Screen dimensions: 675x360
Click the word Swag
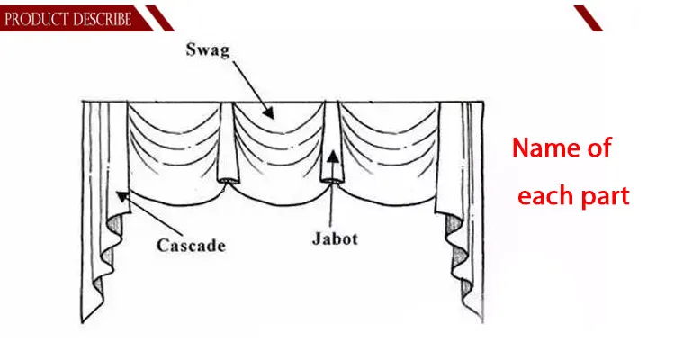(x=208, y=50)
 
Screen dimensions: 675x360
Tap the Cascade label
(x=191, y=246)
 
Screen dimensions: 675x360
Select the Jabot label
(x=335, y=238)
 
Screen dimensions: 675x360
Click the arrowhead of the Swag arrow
(x=268, y=112)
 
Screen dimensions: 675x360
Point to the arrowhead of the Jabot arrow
(x=332, y=156)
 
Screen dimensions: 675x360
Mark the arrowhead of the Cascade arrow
(x=122, y=197)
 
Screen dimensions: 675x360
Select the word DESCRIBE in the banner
(x=99, y=20)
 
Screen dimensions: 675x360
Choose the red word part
(x=605, y=197)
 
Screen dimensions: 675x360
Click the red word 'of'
(x=599, y=148)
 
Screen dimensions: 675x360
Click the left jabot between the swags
(x=228, y=142)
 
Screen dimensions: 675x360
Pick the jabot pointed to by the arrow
(x=331, y=142)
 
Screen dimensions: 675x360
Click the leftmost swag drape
(x=175, y=150)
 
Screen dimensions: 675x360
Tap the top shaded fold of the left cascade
(x=114, y=225)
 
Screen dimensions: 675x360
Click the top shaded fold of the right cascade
(x=454, y=224)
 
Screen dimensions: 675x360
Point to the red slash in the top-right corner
(x=588, y=18)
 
